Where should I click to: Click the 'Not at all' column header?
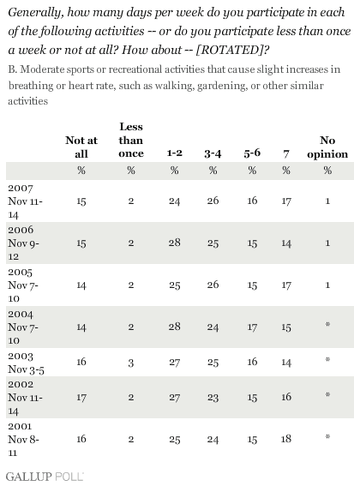click(81, 147)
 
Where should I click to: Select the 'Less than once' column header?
click(131, 140)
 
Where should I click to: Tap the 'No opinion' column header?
click(327, 147)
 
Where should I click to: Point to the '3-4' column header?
click(213, 153)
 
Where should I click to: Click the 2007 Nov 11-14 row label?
click(25, 201)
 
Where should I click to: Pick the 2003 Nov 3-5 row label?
click(26, 363)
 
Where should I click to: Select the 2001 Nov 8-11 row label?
click(23, 440)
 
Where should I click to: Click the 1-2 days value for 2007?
click(174, 201)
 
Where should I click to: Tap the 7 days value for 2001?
click(286, 439)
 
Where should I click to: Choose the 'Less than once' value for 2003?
click(131, 363)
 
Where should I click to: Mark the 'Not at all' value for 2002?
click(81, 398)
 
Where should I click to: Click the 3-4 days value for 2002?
click(213, 398)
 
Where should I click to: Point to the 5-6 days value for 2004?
click(252, 327)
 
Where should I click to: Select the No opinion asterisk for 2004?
click(327, 324)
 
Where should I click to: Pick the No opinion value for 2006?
click(327, 243)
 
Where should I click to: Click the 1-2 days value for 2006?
click(174, 243)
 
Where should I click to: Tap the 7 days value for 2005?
click(286, 285)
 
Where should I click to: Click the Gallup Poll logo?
click(45, 477)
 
